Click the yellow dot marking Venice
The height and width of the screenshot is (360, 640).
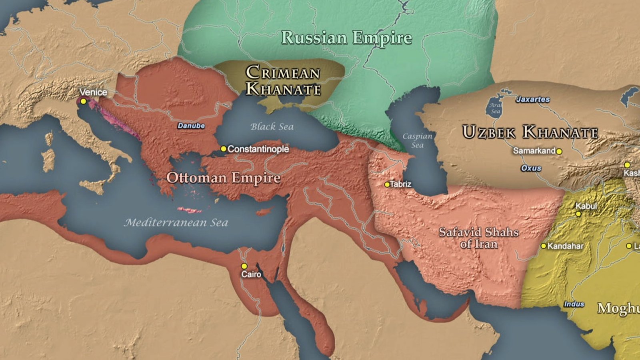[x=83, y=102]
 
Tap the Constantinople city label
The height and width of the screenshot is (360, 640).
[x=258, y=149]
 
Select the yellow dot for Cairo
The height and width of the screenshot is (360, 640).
[x=244, y=266]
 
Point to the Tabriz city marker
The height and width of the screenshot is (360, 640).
[x=387, y=185]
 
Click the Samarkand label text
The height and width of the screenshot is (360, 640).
[x=534, y=151]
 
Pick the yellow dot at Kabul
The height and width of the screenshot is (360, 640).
[x=578, y=214]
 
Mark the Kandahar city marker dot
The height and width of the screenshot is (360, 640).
[x=543, y=246]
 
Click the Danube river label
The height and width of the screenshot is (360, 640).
[x=191, y=126]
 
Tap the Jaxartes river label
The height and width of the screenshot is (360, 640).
[x=533, y=99]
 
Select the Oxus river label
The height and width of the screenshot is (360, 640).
[x=531, y=168]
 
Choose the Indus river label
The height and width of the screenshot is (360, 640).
[x=574, y=304]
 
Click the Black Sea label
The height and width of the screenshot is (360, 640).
[x=272, y=127]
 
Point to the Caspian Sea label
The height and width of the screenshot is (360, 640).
[x=417, y=140]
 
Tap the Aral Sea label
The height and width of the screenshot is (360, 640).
[x=496, y=108]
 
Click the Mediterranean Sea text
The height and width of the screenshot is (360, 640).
[x=176, y=222]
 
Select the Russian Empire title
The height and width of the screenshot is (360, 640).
[x=346, y=38]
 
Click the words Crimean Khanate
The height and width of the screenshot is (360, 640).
[x=283, y=81]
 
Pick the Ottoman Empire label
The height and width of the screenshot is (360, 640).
[x=223, y=178]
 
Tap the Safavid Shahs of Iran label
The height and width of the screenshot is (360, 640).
[x=478, y=238]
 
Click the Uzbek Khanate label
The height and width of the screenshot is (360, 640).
[x=530, y=132]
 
